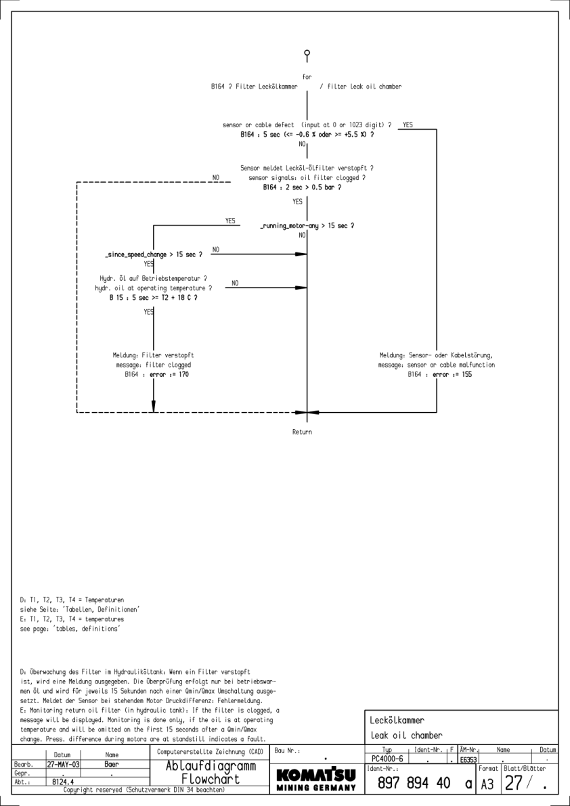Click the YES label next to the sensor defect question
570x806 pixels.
(x=408, y=125)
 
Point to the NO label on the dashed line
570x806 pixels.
(x=217, y=178)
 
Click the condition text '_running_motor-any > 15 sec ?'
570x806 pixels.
(x=307, y=225)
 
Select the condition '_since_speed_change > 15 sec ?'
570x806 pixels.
(x=154, y=254)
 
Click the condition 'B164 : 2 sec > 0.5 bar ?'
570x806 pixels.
(x=302, y=187)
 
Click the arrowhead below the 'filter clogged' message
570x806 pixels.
(x=154, y=405)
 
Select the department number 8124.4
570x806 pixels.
(x=64, y=781)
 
